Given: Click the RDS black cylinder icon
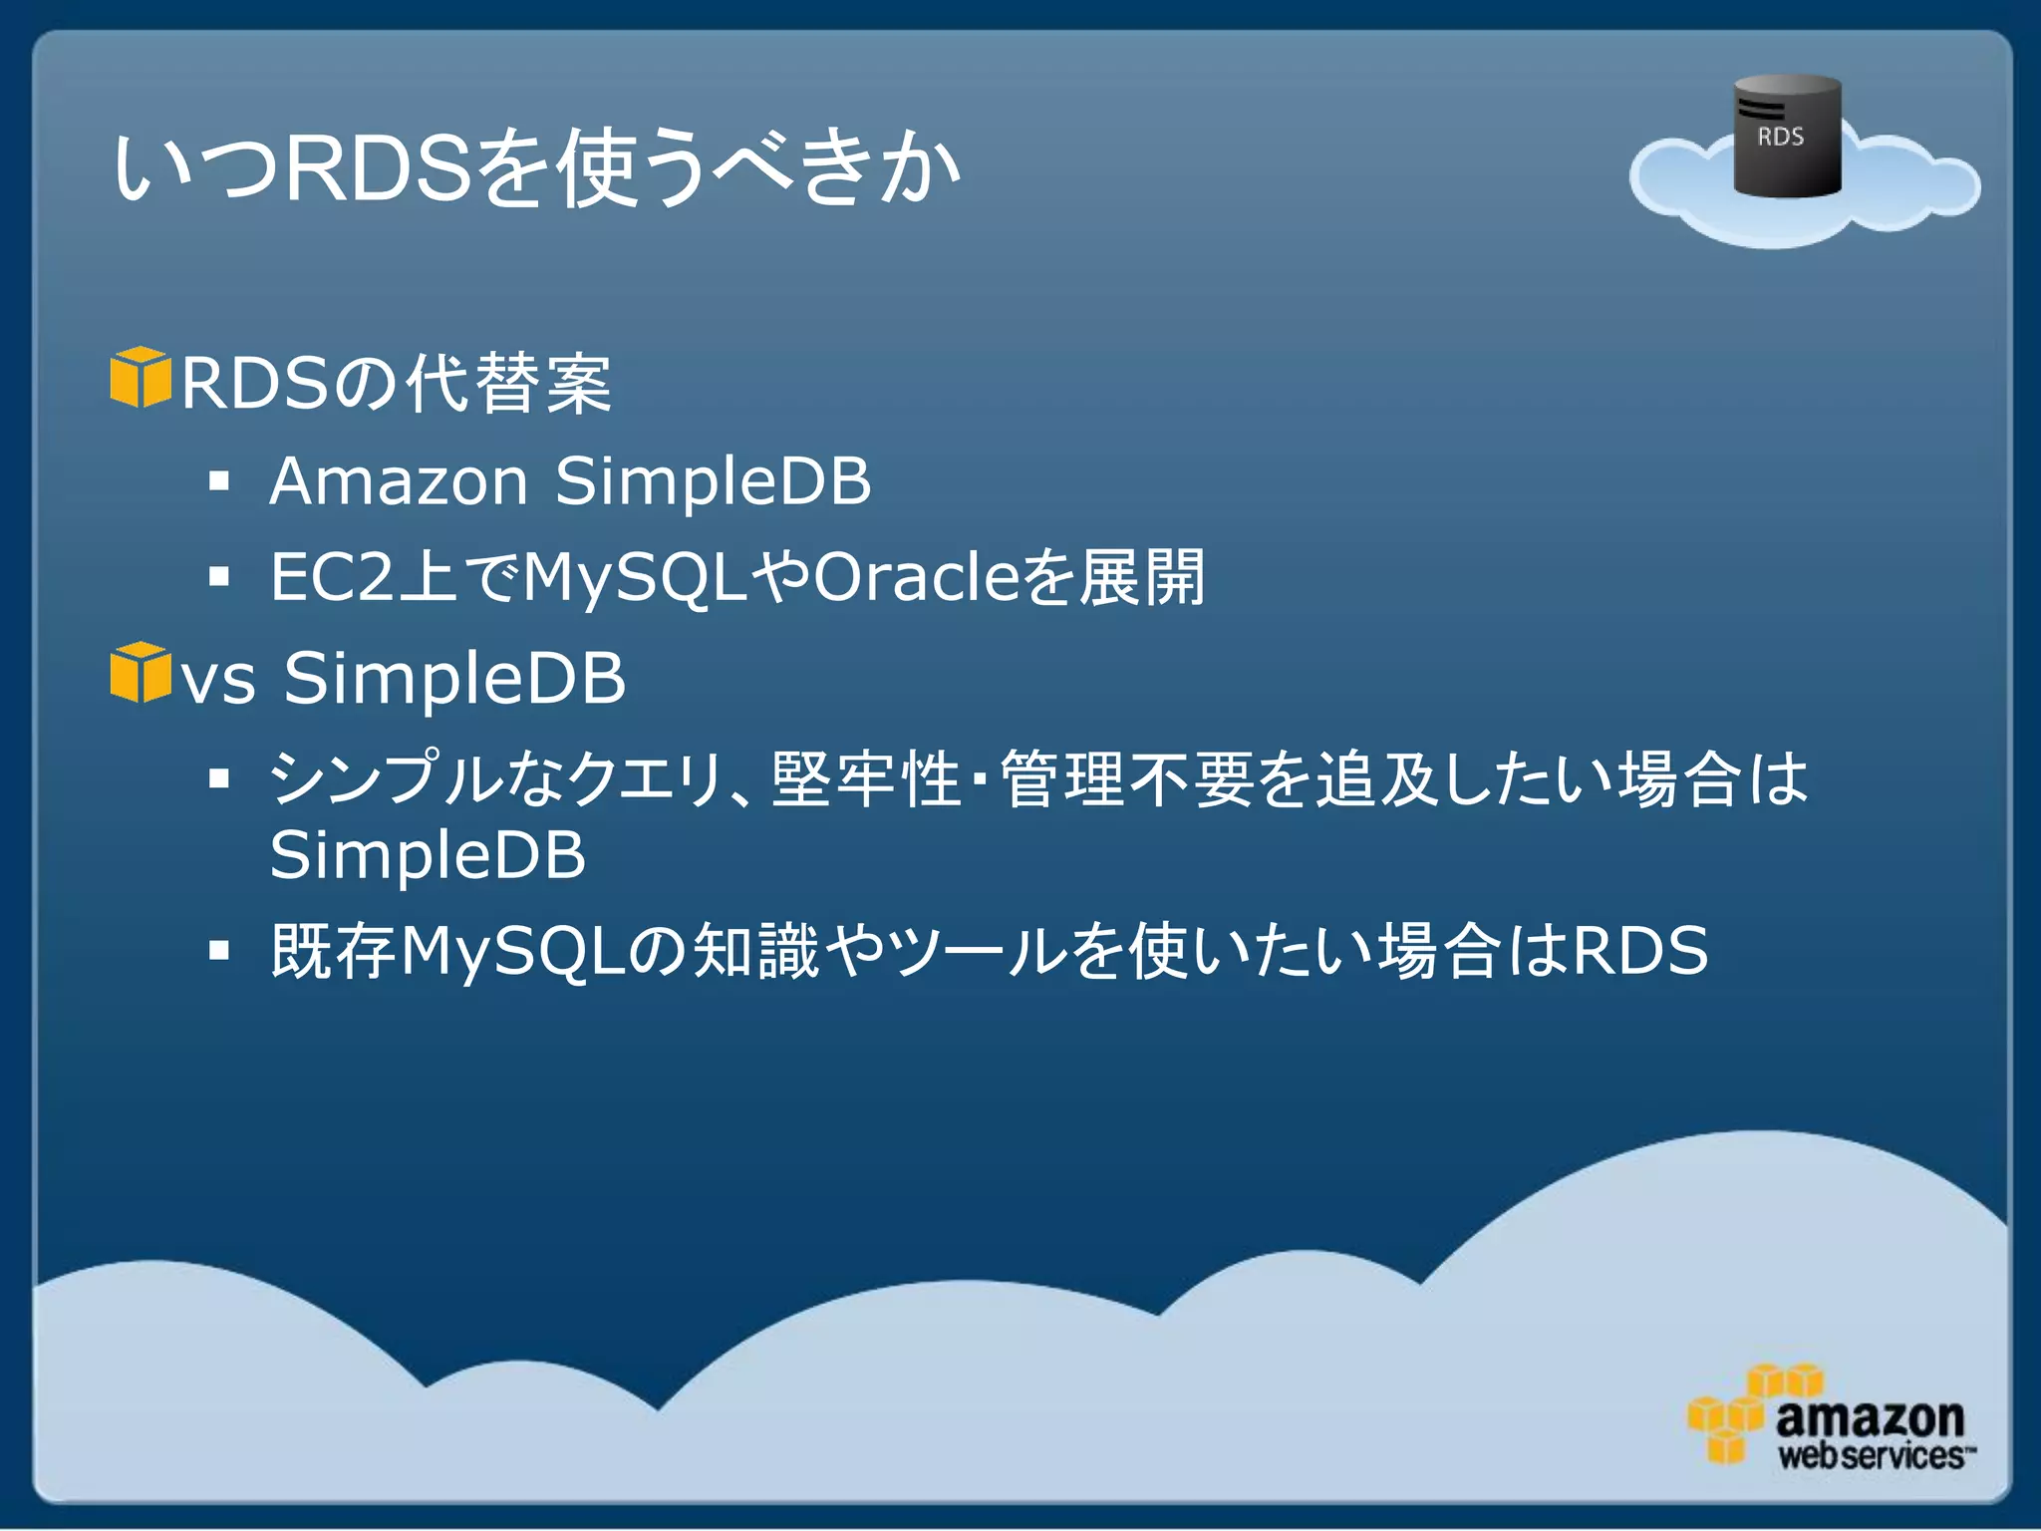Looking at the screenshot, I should (1787, 137).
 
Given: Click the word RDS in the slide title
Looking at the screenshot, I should (379, 167).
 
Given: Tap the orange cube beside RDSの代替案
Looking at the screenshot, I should (140, 378).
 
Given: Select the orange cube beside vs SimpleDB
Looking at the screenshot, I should (140, 673).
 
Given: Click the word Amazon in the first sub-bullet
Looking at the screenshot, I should (399, 481).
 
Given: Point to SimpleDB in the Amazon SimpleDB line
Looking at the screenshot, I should (713, 481).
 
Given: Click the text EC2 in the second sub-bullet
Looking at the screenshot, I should (332, 577).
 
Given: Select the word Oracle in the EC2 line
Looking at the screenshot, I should (917, 577).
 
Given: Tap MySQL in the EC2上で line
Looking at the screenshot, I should (635, 577).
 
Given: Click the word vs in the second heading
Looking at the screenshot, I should (219, 680).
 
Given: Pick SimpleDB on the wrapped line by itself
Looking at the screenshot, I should (428, 856).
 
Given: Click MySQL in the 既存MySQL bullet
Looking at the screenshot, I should (513, 951).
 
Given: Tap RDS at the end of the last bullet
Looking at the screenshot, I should (1639, 951).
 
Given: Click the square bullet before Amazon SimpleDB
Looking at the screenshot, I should (219, 483).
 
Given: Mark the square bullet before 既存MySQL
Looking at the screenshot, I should (219, 951).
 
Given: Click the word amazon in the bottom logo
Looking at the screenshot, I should (1870, 1416).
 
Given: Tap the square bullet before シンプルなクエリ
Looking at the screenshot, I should (219, 778).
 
